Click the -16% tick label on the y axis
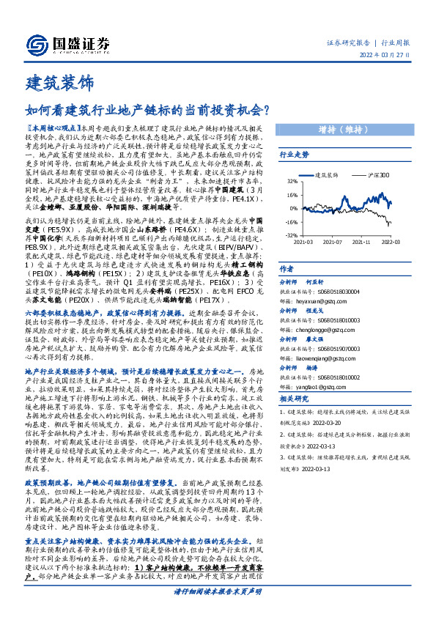pyautogui.click(x=292, y=221)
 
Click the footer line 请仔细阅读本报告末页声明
pyautogui.click(x=218, y=609)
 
